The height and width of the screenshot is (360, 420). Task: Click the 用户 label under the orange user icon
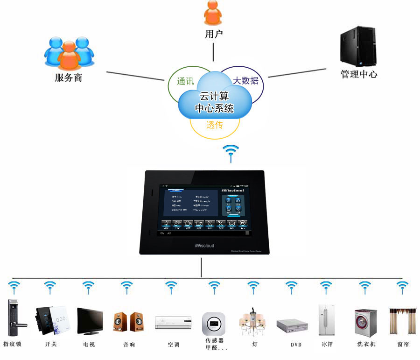click(x=214, y=34)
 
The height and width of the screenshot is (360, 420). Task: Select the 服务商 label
click(x=69, y=78)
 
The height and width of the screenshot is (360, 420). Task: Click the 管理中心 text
click(x=358, y=74)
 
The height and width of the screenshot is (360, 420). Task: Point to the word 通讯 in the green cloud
click(x=185, y=81)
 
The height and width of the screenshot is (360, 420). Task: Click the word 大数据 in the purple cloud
click(x=245, y=80)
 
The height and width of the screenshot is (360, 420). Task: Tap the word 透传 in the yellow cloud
click(x=215, y=125)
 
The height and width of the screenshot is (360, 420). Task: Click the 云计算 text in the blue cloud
click(x=214, y=96)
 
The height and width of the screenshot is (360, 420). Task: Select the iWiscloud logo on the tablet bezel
click(x=204, y=245)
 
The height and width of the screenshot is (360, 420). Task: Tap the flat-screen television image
click(x=90, y=320)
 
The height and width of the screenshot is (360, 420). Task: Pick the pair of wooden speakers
click(x=128, y=322)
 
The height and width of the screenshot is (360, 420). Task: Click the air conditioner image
click(x=173, y=322)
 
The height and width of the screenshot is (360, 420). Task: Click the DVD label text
click(x=296, y=345)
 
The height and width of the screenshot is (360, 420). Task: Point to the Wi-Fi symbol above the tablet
click(x=231, y=153)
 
